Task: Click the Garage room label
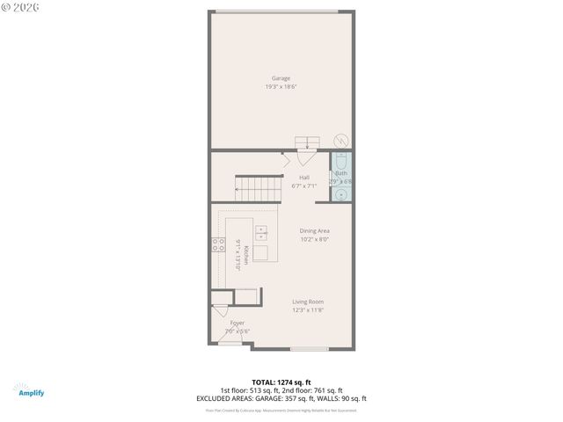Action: point(281,78)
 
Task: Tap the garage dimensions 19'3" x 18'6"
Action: point(281,86)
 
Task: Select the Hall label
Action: point(303,178)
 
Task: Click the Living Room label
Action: point(308,302)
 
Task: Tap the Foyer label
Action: point(238,323)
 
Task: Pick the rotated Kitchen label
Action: point(246,254)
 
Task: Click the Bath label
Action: point(341,173)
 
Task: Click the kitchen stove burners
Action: point(216,245)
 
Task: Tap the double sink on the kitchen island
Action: point(262,232)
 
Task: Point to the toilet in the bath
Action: point(340,161)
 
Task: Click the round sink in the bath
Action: point(341,193)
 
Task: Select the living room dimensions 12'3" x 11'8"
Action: point(308,309)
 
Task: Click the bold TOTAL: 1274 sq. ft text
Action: point(281,383)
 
